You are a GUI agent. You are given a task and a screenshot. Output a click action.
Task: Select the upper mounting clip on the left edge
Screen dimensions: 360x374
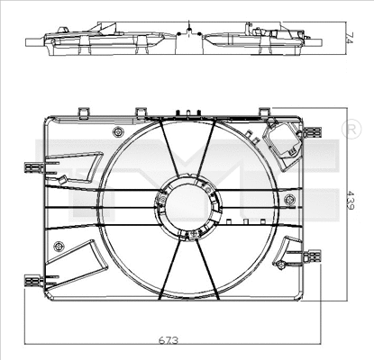point(34,166)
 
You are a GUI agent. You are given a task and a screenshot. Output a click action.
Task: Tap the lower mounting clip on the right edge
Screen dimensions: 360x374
point(313,256)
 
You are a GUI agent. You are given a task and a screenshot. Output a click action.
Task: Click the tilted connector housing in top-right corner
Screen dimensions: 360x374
point(284,144)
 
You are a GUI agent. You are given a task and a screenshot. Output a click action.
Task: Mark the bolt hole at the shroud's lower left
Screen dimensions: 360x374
point(59,246)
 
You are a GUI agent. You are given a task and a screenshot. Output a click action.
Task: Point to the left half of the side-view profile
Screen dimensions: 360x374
point(99,40)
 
